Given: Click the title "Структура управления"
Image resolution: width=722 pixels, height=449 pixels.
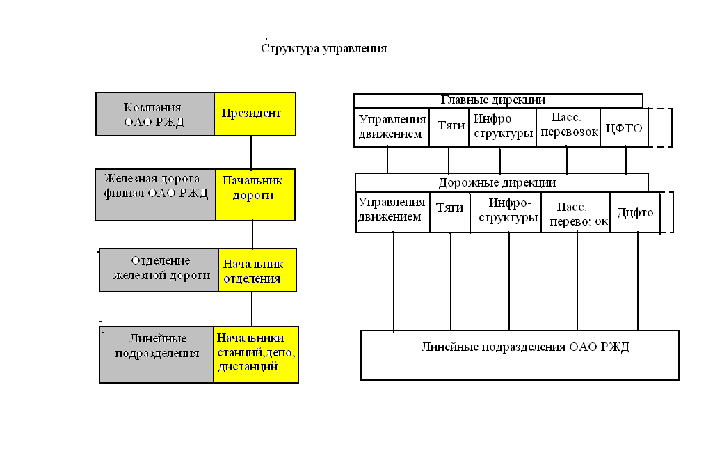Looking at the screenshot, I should pyautogui.click(x=323, y=49).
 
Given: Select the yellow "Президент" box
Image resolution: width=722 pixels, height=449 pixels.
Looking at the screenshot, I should pyautogui.click(x=255, y=113).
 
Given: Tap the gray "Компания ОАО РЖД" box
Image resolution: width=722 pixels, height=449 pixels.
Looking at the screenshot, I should pyautogui.click(x=154, y=113).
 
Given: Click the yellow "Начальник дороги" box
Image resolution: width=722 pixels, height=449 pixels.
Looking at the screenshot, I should pyautogui.click(x=255, y=194).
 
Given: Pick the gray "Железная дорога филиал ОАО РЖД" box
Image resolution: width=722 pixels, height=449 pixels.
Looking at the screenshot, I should pyautogui.click(x=155, y=194).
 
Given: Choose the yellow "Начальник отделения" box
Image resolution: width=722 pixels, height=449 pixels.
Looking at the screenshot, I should pyautogui.click(x=257, y=270).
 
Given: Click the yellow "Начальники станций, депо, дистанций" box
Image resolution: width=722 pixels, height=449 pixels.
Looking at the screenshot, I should pyautogui.click(x=255, y=354).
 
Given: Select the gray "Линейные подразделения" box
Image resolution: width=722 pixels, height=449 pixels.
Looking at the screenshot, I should pyautogui.click(x=157, y=354).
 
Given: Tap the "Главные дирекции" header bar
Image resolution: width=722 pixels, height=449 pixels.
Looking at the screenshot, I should pyautogui.click(x=498, y=100).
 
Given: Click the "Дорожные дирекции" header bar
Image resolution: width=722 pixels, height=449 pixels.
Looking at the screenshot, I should pyautogui.click(x=502, y=182).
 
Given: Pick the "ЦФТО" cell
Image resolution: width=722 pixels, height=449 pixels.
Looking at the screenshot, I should pyautogui.click(x=624, y=127).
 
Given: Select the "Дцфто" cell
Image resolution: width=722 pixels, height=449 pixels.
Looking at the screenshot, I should pyautogui.click(x=635, y=212).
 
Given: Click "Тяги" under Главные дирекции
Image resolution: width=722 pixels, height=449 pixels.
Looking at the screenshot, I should pyautogui.click(x=449, y=127).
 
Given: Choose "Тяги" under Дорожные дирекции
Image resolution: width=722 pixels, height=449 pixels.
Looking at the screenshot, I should pyautogui.click(x=450, y=212).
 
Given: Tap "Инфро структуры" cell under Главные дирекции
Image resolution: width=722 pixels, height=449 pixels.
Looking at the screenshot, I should pyautogui.click(x=502, y=127).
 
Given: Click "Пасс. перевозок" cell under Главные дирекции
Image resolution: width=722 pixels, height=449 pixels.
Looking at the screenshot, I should pyautogui.click(x=568, y=127).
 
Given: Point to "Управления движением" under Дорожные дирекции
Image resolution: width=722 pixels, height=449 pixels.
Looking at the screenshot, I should pyautogui.click(x=393, y=212).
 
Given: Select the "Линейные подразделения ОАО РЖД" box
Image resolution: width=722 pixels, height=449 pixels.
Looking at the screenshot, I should pyautogui.click(x=520, y=355).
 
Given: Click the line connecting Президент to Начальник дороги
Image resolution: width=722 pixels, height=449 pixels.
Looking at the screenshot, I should pyautogui.click(x=251, y=152).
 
